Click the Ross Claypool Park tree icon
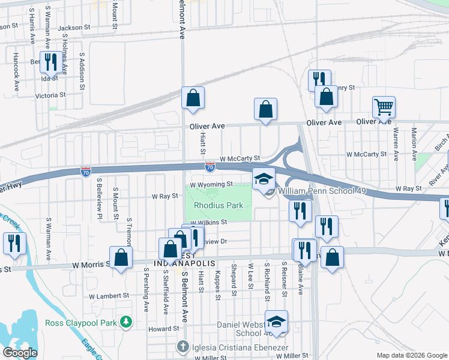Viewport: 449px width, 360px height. pyautogui.click(x=125, y=323)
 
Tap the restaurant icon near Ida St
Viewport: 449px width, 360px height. pyautogui.click(x=50, y=61)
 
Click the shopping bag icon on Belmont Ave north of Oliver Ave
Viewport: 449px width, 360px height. pyautogui.click(x=193, y=98)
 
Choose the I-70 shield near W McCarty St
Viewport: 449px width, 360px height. pyautogui.click(x=210, y=166)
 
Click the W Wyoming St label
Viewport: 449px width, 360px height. pyautogui.click(x=211, y=185)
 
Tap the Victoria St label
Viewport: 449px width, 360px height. pyautogui.click(x=50, y=95)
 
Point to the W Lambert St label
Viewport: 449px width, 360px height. pyautogui.click(x=109, y=296)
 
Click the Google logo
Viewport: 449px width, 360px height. pyautogui.click(x=20, y=353)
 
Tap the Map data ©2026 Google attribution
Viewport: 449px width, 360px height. pyautogui.click(x=411, y=355)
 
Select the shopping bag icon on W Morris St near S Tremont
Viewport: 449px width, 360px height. pyautogui.click(x=121, y=258)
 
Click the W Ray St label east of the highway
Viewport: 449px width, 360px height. pyautogui.click(x=408, y=188)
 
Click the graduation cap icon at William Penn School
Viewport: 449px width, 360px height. pyautogui.click(x=262, y=179)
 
